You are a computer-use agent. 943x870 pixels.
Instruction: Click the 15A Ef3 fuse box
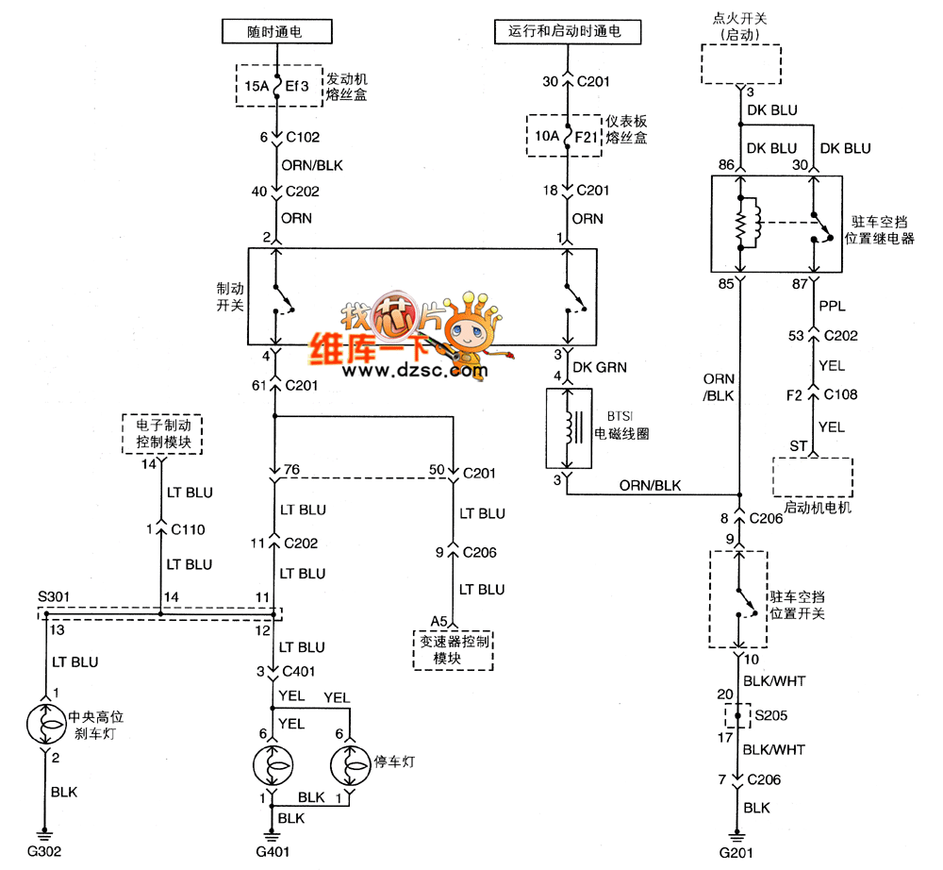pyautogui.click(x=276, y=86)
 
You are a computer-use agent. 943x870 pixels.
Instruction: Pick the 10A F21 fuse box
pyautogui.click(x=567, y=137)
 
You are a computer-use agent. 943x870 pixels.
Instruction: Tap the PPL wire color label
pyautogui.click(x=831, y=306)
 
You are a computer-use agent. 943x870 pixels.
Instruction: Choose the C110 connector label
pyautogui.click(x=188, y=529)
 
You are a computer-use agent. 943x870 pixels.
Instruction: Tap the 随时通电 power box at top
pyautogui.click(x=276, y=31)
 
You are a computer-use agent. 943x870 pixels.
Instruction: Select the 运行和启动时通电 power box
pyautogui.click(x=567, y=31)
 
